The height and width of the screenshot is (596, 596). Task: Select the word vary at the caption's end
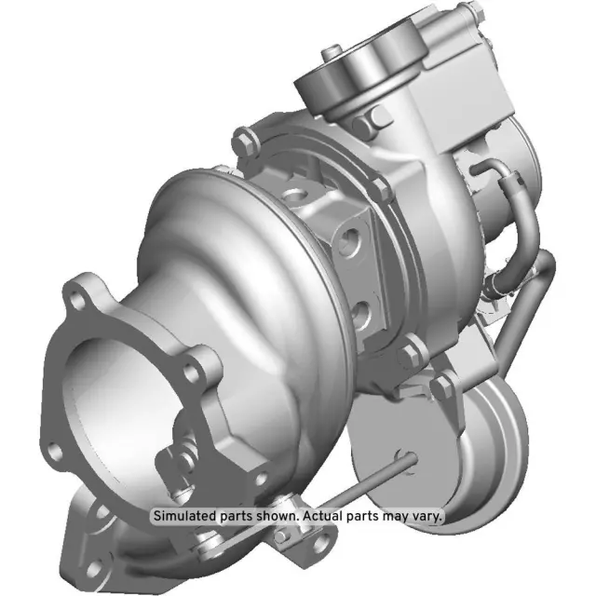428,515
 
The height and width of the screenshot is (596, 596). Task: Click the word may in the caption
392,515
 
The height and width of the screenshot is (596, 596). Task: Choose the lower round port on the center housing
364,306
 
